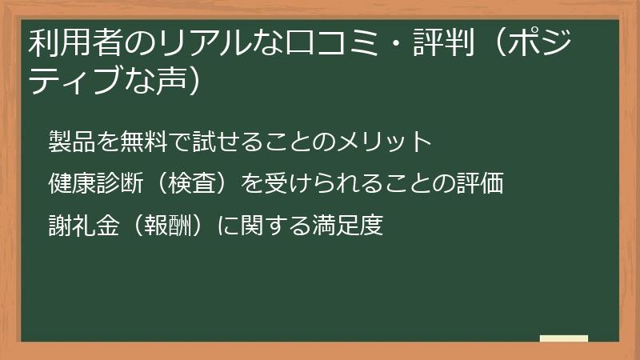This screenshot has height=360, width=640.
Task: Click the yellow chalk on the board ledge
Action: (563, 338)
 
